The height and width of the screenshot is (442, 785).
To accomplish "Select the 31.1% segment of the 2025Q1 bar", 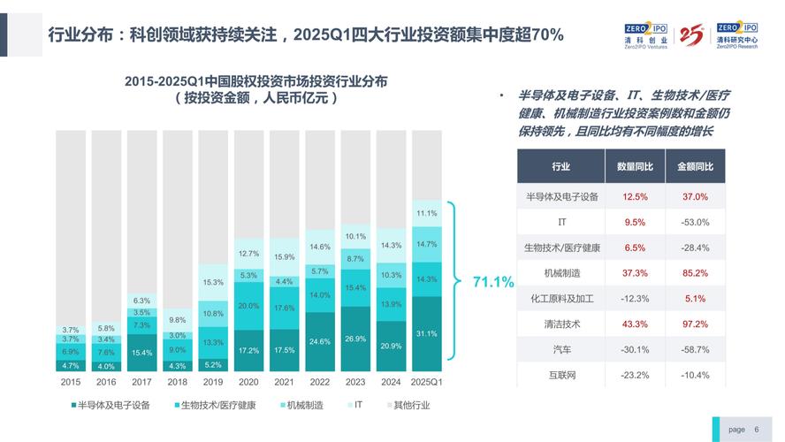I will (x=427, y=333).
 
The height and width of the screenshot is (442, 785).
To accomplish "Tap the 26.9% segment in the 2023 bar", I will (x=355, y=338).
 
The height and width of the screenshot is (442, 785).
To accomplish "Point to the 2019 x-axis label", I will (x=213, y=383).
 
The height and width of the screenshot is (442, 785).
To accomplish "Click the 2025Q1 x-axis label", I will (x=427, y=383).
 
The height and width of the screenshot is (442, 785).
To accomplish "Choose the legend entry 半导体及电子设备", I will (x=114, y=406).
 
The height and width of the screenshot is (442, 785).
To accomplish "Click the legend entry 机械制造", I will (x=301, y=406).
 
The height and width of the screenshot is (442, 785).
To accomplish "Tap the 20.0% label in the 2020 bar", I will (x=248, y=306).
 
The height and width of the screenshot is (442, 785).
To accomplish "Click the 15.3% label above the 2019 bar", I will (x=213, y=282).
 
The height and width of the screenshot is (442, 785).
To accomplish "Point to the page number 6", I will (x=756, y=429).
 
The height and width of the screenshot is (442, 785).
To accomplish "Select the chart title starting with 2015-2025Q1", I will (x=255, y=80).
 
